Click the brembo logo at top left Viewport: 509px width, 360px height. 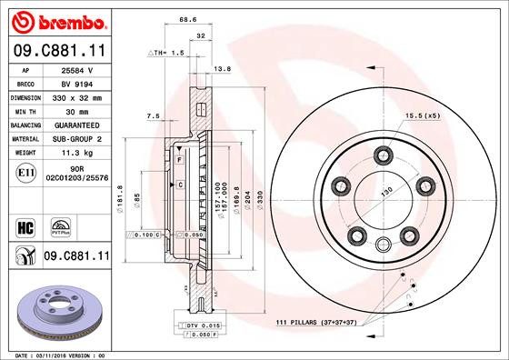[56, 21]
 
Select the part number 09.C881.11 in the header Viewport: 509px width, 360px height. [56, 53]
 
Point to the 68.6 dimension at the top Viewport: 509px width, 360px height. [188, 19]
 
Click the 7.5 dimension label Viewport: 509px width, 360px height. [153, 116]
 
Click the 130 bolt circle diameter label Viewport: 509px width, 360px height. [388, 192]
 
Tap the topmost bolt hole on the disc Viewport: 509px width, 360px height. [383, 155]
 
